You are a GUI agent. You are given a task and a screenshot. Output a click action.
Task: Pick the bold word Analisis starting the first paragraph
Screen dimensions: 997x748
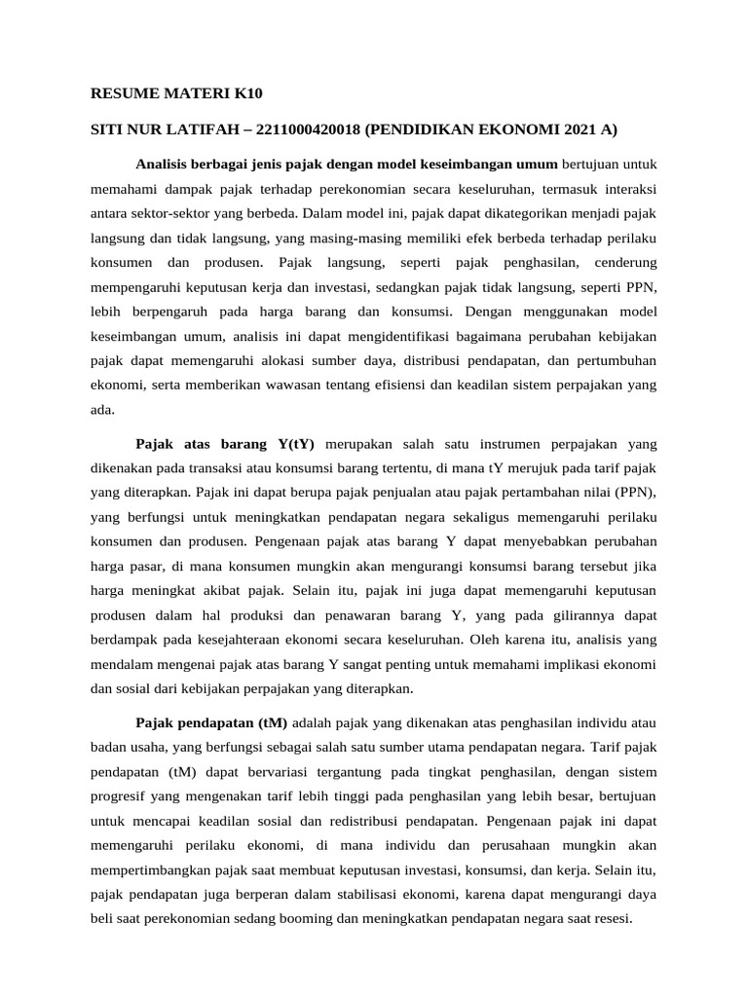(166, 162)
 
